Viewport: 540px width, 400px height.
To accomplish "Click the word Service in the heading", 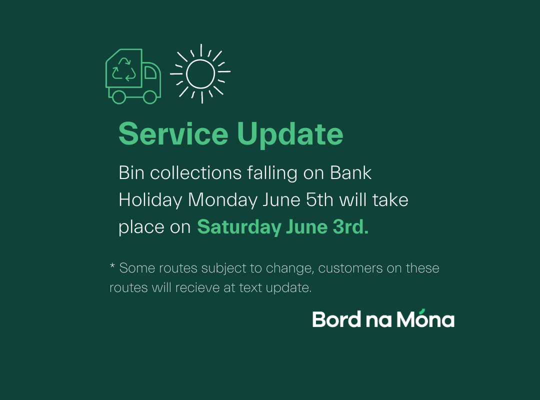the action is point(173,133).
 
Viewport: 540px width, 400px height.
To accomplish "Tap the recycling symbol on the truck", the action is point(123,69).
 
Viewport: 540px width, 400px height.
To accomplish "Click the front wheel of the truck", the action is point(150,97).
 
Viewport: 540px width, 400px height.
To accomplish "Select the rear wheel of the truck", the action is point(119,97).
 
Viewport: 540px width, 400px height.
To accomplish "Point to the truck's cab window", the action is point(150,72).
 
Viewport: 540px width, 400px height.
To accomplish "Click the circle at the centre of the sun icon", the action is point(200,73).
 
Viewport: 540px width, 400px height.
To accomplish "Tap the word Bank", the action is point(350,172).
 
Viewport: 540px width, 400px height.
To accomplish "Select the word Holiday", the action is point(150,200).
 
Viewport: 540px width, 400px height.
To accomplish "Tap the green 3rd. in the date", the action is point(350,226).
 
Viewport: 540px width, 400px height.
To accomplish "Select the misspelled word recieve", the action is point(197,287).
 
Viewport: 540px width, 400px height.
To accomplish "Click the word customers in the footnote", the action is point(350,268).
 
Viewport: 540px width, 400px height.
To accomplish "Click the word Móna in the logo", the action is point(425,318).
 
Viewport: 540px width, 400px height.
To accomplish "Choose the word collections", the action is point(195,172).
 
